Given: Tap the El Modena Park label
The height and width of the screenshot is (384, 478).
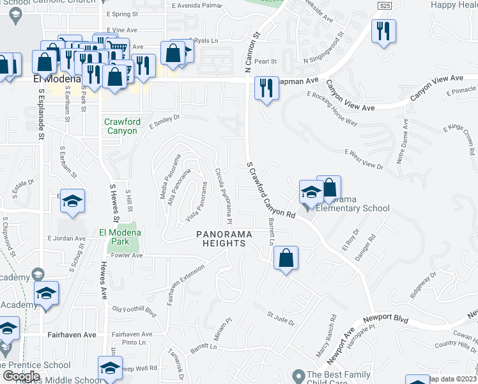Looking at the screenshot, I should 114,237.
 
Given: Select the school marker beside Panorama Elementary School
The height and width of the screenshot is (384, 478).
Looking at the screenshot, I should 311,192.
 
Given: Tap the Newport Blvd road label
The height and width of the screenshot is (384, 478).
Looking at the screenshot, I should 385,318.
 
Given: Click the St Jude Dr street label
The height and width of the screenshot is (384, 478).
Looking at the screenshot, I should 281,319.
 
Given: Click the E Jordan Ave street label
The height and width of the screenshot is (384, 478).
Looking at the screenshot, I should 66,238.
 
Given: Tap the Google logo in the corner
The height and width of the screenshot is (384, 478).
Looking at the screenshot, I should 22,376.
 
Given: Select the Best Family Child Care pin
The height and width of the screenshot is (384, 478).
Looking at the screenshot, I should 297,376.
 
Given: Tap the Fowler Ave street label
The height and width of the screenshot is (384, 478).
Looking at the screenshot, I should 127,255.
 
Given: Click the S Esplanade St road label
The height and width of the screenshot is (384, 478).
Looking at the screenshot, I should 40,113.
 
